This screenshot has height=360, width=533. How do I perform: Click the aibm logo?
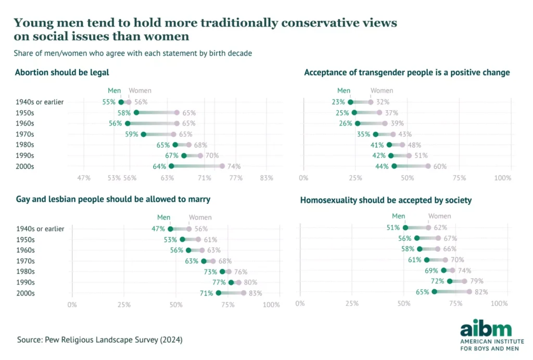pos(486,329)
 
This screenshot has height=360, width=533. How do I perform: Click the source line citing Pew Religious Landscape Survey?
pos(99,340)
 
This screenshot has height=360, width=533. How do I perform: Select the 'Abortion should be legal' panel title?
pos(62,72)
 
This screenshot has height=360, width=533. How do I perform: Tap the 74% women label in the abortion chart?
pos(233,166)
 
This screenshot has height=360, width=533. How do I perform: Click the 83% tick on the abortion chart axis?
pos(266,178)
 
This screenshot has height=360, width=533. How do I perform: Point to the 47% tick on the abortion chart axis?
pos(84,178)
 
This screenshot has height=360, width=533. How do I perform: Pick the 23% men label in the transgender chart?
pos(338,102)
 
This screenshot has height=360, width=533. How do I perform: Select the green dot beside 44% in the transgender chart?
pos(394,166)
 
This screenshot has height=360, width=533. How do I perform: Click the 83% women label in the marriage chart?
pos(255,293)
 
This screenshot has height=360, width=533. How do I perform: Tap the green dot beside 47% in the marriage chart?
pos(170,229)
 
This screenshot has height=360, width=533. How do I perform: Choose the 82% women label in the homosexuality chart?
pos(480,292)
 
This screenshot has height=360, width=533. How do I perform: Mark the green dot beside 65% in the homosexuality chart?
pos(434,292)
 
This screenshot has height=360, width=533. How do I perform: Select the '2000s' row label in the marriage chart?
pos(25,293)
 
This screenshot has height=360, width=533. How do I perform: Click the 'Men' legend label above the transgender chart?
pos(344,91)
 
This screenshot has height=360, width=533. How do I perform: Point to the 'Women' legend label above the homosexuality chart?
pos(439,216)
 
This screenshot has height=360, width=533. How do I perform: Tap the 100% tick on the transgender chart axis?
pos(503,178)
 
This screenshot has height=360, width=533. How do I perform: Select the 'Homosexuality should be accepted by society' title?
pos(386,200)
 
